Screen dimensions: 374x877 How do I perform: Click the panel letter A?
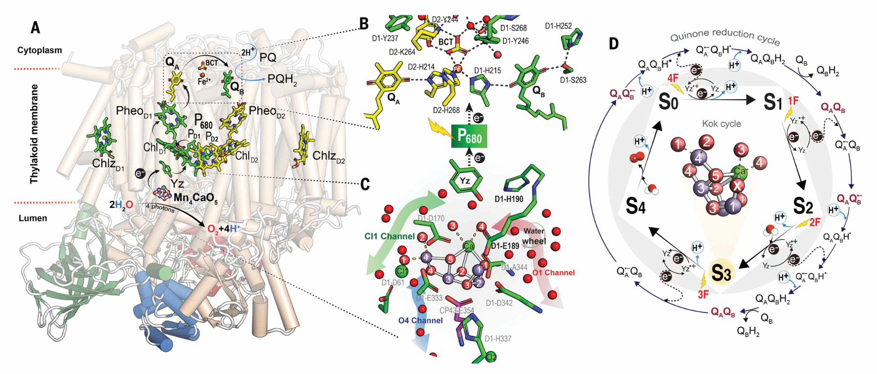[35, 27]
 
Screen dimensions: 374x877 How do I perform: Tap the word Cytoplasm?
[40, 50]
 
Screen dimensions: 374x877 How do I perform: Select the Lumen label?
[33, 218]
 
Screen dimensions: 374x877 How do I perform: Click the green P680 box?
[469, 136]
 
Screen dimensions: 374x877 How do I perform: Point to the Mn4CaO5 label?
[195, 198]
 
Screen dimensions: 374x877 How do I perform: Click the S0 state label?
[668, 101]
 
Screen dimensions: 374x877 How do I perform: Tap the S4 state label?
[635, 206]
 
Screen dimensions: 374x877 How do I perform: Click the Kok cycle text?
[721, 124]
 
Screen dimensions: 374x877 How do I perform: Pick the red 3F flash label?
[703, 295]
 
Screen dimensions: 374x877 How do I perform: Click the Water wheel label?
[534, 236]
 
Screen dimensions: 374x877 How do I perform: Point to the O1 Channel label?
[553, 273]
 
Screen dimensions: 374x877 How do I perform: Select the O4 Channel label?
[420, 321]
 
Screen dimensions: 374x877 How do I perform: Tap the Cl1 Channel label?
[390, 236]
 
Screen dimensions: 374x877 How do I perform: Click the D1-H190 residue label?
[509, 199]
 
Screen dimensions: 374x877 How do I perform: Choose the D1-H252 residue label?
[558, 26]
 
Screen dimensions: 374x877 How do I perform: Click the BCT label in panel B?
[446, 42]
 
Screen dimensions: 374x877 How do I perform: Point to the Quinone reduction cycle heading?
[725, 36]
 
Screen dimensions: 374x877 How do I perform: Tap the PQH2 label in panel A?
[282, 79]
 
